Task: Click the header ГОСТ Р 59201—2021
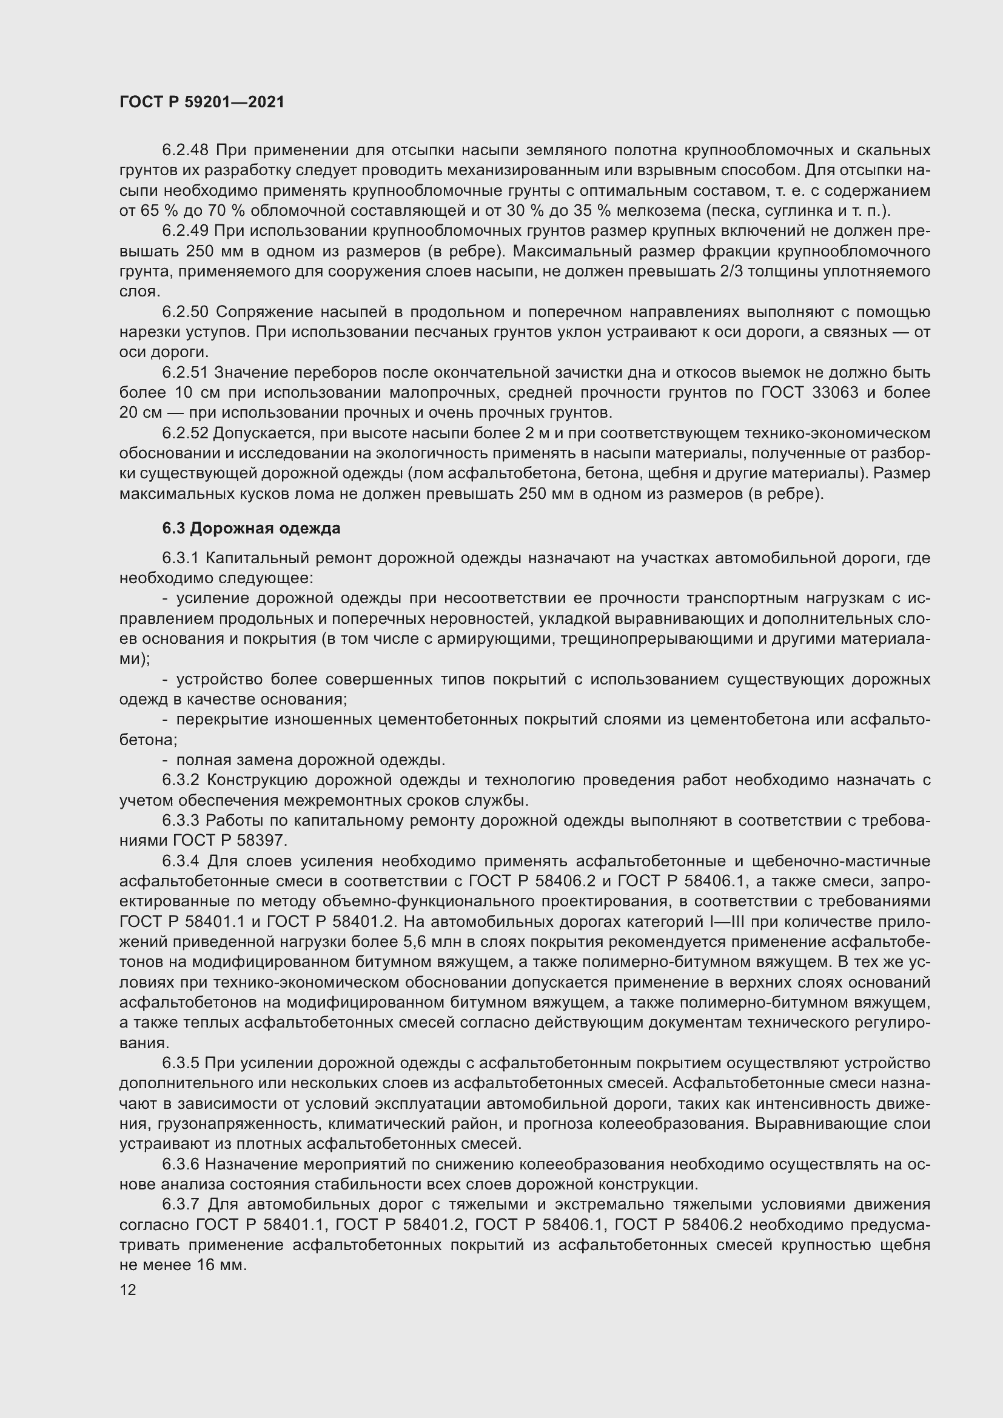click(x=202, y=102)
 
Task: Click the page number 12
click(x=128, y=1289)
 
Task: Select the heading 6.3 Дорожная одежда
click(x=252, y=529)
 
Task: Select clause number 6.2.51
click(x=186, y=372)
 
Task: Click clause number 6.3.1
click(x=180, y=558)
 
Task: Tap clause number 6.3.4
click(x=181, y=861)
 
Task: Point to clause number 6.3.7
click(x=181, y=1205)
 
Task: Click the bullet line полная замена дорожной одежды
click(x=310, y=760)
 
